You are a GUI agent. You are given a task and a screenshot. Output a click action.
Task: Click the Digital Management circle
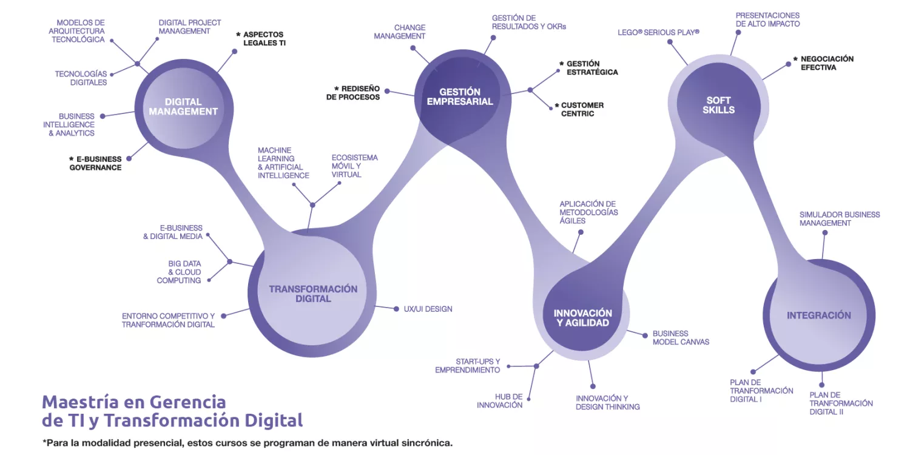click(183, 107)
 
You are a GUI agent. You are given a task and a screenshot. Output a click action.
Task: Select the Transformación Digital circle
click(313, 294)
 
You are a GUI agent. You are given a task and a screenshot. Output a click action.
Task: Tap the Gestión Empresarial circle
click(460, 97)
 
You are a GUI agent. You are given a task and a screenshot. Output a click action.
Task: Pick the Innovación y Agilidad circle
click(583, 317)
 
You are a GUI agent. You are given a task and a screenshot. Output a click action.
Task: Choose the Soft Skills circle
click(718, 105)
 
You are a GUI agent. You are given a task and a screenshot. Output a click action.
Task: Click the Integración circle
click(818, 315)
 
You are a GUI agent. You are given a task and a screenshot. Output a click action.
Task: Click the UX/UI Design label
click(428, 309)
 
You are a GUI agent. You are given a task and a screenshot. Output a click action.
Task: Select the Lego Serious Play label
click(658, 32)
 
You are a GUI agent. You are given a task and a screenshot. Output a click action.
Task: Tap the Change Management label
click(400, 32)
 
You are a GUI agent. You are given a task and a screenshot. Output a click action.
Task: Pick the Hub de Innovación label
click(499, 400)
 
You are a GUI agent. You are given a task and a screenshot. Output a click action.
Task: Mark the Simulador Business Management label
click(839, 218)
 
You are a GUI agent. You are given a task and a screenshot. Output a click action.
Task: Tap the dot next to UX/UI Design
click(396, 309)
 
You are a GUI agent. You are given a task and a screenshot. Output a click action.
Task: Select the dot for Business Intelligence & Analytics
click(102, 116)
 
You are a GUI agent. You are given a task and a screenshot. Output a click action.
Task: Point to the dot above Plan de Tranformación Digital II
click(822, 384)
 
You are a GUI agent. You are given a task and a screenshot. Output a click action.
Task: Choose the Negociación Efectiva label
click(827, 63)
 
